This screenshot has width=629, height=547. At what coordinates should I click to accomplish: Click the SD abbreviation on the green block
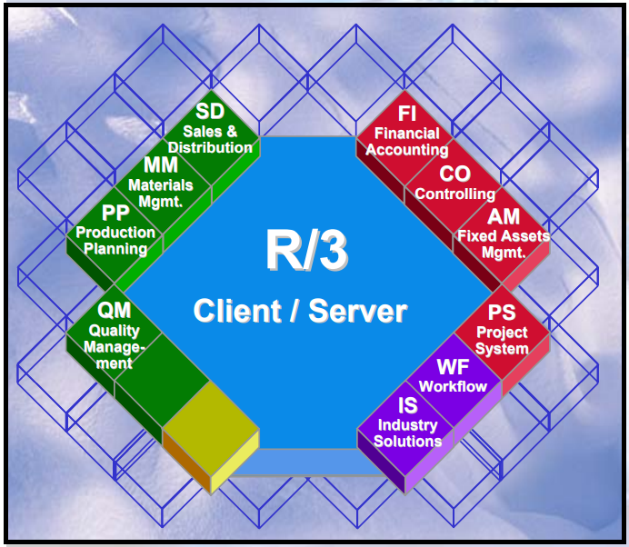pos(210,112)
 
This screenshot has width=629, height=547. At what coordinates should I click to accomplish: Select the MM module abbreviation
pos(160,165)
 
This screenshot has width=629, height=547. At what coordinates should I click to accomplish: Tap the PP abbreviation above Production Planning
pos(115,214)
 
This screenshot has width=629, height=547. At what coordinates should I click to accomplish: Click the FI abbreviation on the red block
pos(406,114)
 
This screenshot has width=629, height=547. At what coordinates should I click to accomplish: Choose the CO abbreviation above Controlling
pos(454,174)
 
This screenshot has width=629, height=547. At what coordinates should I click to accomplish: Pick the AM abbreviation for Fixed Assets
pos(503,217)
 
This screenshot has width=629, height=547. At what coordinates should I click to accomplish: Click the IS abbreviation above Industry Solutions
pos(407,406)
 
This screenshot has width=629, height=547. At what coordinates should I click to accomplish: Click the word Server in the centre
pos(358,312)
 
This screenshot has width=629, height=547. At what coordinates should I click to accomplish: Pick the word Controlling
pos(454,194)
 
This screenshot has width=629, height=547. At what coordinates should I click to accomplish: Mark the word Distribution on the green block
pos(210,147)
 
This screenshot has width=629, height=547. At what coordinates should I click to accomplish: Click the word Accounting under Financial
pos(406,150)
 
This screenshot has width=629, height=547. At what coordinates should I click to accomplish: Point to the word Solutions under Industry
pos(407,442)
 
